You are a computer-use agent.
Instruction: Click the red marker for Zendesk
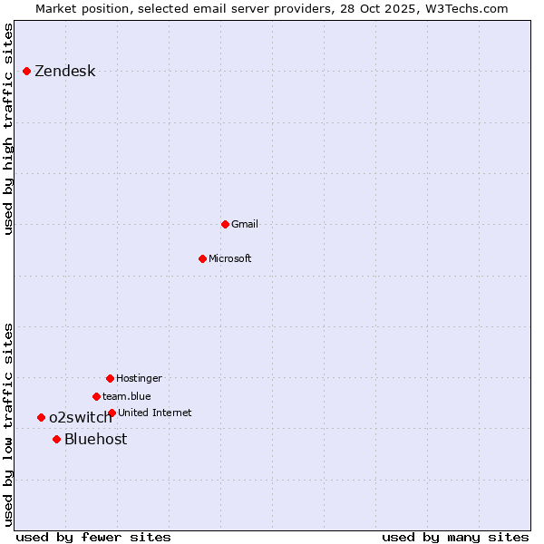(x=26, y=71)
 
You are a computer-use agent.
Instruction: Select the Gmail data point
(x=225, y=224)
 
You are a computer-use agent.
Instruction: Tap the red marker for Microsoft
(x=202, y=258)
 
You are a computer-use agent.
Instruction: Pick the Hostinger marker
(x=110, y=378)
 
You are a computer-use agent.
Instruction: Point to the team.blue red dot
(x=96, y=396)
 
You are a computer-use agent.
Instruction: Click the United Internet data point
(x=112, y=413)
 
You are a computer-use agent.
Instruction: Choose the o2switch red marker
(x=41, y=417)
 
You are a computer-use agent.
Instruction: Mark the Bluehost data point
(x=56, y=439)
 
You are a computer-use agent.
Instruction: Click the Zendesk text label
(x=64, y=72)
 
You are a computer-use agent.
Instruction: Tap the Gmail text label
(x=244, y=224)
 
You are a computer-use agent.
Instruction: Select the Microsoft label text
(x=229, y=258)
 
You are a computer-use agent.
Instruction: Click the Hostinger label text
(x=139, y=378)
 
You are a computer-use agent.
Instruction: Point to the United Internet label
(x=154, y=413)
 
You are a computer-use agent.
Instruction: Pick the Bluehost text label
(x=95, y=440)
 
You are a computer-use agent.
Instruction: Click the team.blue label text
(x=126, y=396)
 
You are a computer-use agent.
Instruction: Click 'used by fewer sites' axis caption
(x=93, y=537)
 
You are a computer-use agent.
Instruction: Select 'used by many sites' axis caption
(x=455, y=537)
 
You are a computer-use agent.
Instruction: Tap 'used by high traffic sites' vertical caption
(x=9, y=129)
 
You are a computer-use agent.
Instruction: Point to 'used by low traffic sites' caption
(x=9, y=424)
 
